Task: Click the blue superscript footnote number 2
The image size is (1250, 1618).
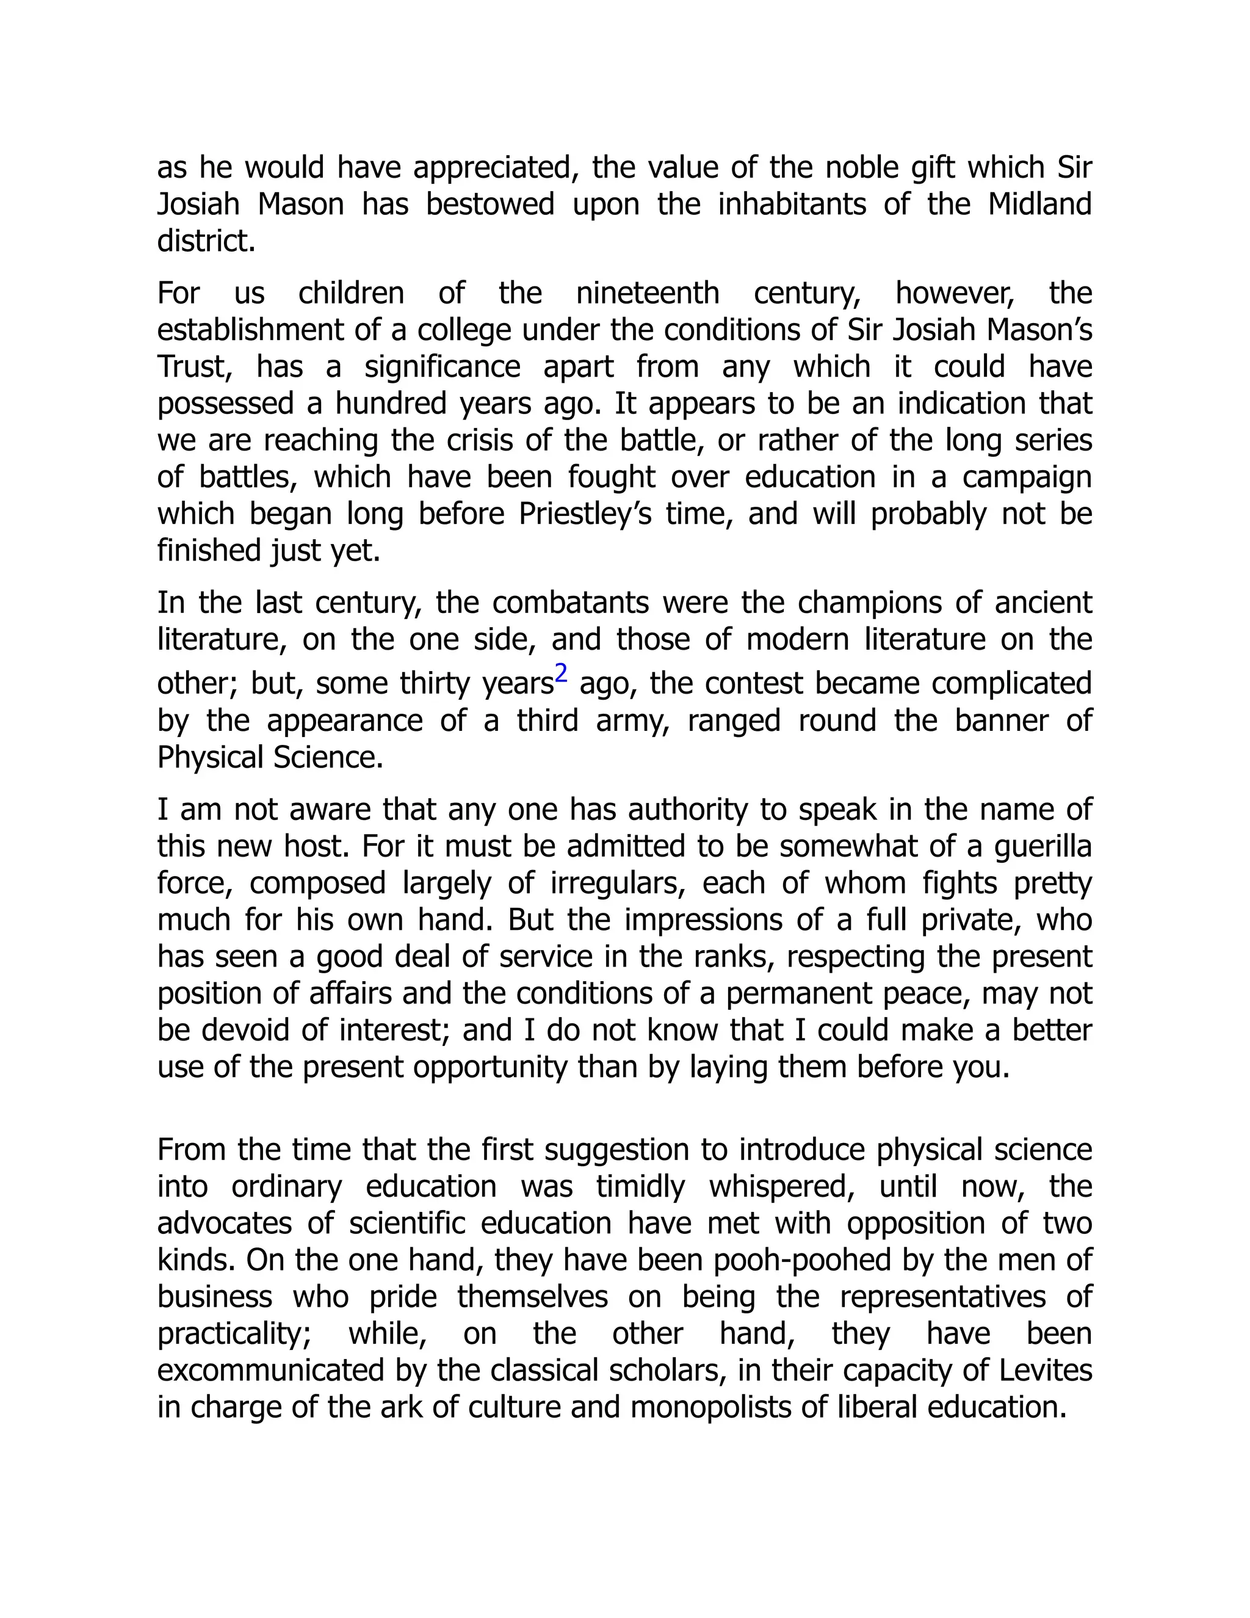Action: tap(562, 673)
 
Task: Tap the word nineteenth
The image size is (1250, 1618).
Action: tap(647, 293)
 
